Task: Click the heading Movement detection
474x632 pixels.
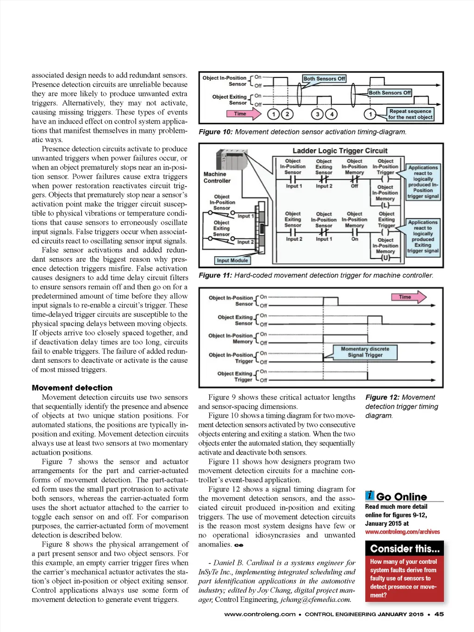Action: (72, 388)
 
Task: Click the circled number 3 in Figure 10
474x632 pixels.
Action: (317, 114)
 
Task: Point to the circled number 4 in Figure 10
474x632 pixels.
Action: (331, 114)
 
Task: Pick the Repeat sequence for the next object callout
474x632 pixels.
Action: (410, 114)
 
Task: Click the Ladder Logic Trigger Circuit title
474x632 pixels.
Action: (340, 151)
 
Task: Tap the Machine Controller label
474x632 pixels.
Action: (217, 177)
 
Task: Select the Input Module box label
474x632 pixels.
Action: (232, 260)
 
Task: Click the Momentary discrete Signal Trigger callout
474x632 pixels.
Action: (365, 352)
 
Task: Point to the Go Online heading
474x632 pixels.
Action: (401, 497)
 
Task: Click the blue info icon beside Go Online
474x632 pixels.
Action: (369, 495)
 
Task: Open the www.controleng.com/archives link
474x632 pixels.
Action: (402, 532)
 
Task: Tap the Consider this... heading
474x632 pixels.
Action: (405, 549)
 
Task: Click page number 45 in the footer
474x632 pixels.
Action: (439, 614)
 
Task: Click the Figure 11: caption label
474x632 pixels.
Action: (215, 275)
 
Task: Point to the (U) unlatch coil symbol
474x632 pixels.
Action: (385, 258)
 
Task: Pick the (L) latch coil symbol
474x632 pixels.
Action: (385, 205)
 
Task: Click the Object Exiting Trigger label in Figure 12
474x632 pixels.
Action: (235, 377)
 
